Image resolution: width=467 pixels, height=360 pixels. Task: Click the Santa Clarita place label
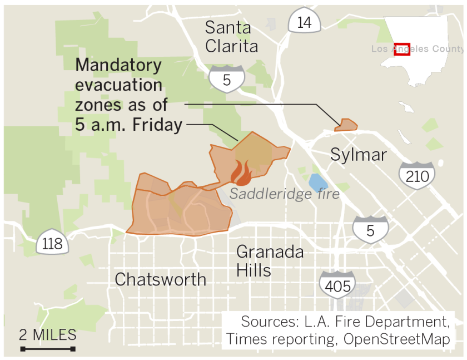(x=231, y=36)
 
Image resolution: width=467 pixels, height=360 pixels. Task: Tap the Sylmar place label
(x=359, y=154)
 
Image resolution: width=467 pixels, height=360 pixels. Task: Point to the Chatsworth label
(x=160, y=279)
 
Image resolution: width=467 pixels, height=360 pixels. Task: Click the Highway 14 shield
(x=304, y=22)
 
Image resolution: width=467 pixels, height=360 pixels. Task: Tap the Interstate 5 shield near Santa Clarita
(x=226, y=78)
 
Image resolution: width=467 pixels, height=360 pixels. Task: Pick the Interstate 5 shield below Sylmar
(x=370, y=230)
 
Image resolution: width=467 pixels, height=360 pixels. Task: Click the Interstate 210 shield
(x=417, y=175)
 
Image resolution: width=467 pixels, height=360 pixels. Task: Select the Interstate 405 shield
(x=338, y=285)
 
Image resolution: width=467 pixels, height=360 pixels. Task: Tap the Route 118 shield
(x=53, y=243)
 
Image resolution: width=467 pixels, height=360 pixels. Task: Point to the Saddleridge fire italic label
(x=284, y=194)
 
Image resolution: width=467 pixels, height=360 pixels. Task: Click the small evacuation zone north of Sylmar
(x=346, y=125)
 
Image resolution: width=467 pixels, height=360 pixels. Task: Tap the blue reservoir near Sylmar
(x=317, y=183)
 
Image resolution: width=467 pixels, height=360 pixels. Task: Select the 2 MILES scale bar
(x=48, y=349)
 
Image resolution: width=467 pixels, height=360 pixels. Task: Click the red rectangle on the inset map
(x=401, y=49)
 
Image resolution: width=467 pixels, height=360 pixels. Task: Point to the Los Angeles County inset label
(x=417, y=49)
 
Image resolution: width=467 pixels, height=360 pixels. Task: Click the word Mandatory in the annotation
(x=118, y=65)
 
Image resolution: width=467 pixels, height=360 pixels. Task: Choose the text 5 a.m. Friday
(x=129, y=125)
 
